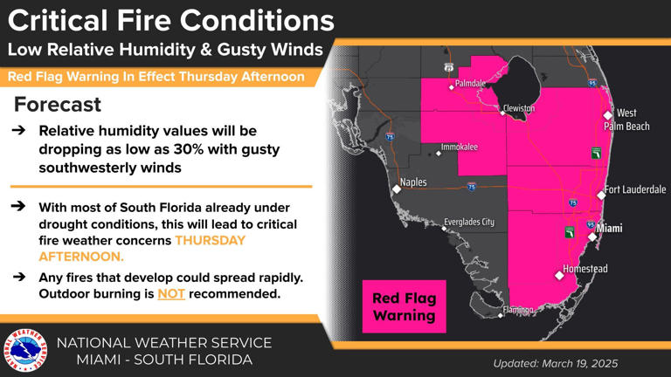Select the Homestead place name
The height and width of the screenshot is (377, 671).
point(585,269)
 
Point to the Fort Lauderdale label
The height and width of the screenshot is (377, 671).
point(635,189)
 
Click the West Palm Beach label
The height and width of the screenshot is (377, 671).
point(633,120)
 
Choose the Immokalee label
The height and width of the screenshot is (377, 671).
point(460,147)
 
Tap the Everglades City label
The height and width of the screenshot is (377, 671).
point(468,222)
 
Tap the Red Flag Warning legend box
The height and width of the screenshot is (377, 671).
point(404,306)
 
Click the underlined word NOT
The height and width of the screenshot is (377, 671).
point(169,294)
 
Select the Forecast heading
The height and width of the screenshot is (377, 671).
point(58,106)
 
